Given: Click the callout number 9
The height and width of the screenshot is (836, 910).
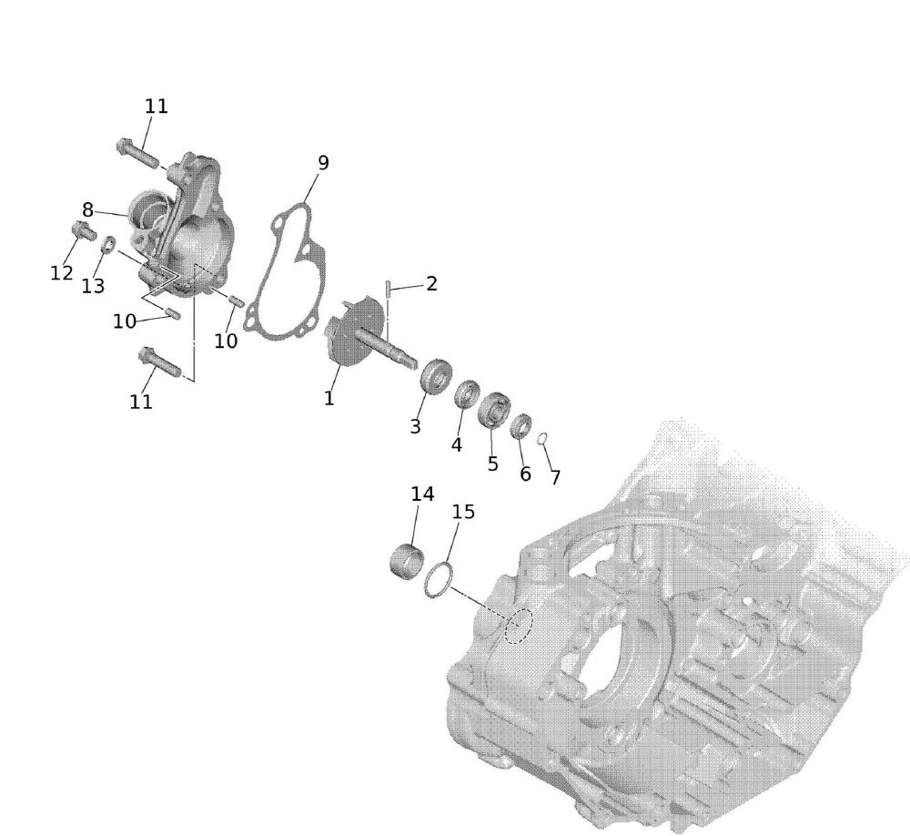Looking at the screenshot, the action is click(323, 163).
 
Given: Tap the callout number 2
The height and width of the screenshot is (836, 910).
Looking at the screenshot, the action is click(431, 283).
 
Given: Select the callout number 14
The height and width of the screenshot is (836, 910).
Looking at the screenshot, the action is click(422, 494).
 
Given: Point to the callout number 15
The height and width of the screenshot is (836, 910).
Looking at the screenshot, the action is click(463, 512).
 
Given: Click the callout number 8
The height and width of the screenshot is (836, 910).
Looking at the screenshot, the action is click(87, 209).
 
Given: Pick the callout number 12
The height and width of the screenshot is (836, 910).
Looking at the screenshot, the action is click(62, 273).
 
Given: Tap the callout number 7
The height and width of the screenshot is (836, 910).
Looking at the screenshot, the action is click(555, 477).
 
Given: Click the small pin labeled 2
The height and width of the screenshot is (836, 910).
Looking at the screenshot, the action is click(388, 290).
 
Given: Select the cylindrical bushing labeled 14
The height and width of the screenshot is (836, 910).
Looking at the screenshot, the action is click(406, 561).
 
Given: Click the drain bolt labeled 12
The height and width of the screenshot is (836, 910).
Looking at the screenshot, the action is click(84, 230).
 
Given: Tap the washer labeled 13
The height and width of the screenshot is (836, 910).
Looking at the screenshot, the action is click(108, 245).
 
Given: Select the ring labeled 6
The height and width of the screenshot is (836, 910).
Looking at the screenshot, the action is click(521, 427).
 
